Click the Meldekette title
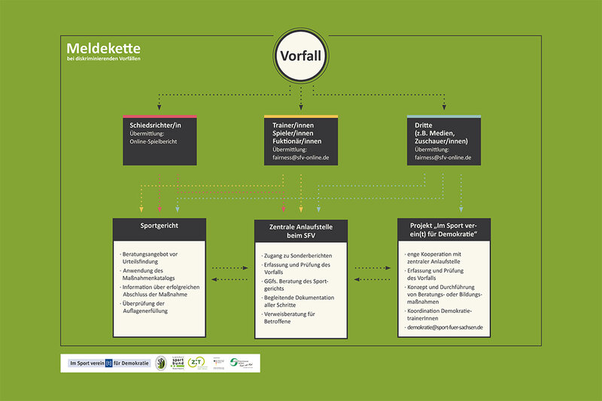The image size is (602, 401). (x=103, y=48)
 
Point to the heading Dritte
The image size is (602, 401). (x=424, y=124)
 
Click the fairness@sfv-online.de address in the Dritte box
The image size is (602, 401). (x=443, y=157)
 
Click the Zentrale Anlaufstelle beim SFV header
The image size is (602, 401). (x=300, y=231)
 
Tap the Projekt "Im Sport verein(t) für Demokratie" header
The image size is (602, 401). (x=443, y=231)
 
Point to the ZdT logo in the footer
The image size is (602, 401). (x=197, y=363)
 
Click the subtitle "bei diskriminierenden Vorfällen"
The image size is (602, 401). (x=103, y=59)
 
